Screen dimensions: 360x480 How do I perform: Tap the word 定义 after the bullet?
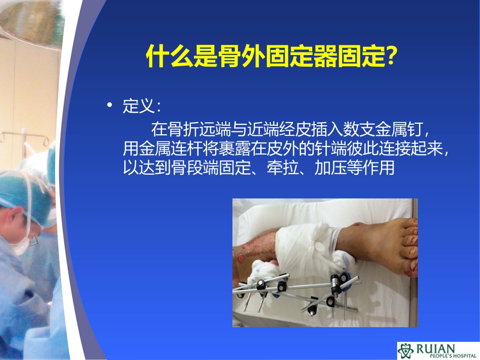tap(137, 107)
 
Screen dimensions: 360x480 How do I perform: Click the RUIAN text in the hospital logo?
tap(436, 348)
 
